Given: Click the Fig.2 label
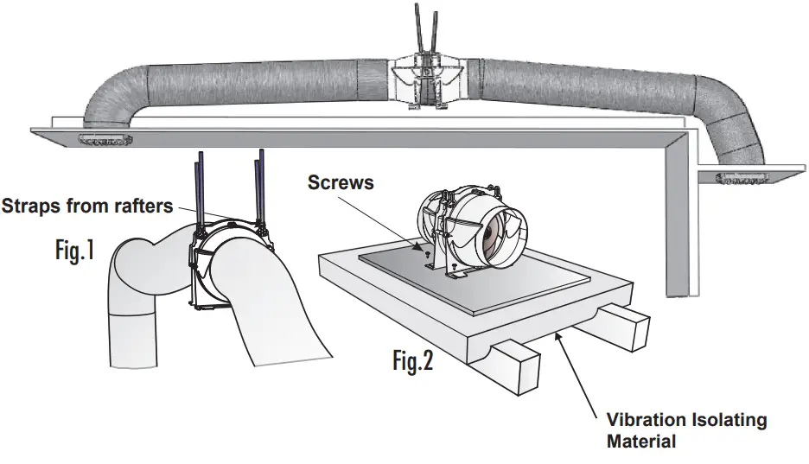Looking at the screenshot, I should (412, 360).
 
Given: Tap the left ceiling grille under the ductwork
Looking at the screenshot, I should (103, 139).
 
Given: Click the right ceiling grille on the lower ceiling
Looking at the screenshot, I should (742, 178).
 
